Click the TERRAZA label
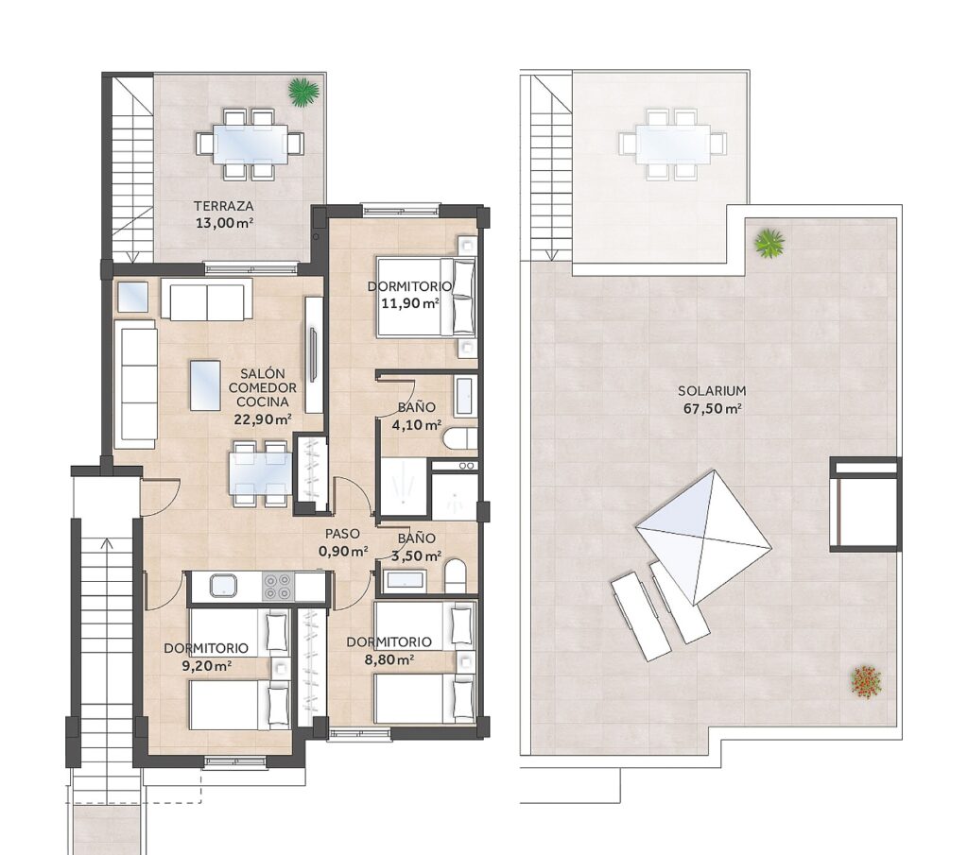(x=223, y=206)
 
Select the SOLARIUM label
(x=712, y=390)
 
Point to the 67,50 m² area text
(x=713, y=408)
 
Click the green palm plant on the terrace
(x=303, y=92)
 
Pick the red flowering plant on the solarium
(x=866, y=682)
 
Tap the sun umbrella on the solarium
(x=703, y=538)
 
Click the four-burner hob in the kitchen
(x=277, y=587)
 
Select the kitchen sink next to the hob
(x=223, y=586)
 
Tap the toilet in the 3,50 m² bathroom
(x=456, y=576)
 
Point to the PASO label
(x=342, y=534)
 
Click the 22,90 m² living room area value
(x=263, y=419)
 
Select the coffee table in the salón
(x=205, y=385)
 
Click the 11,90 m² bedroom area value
(x=410, y=303)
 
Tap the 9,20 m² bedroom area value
(x=207, y=665)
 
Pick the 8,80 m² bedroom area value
(x=389, y=659)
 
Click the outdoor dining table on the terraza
(x=250, y=144)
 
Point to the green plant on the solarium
(x=769, y=243)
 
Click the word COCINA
(x=263, y=402)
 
